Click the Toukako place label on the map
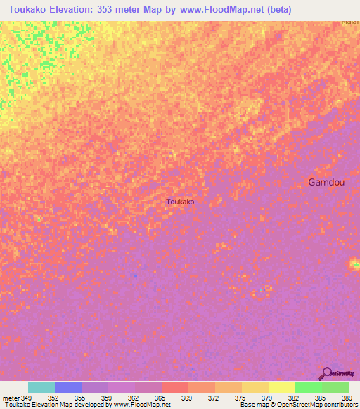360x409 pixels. click(180, 202)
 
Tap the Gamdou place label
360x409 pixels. click(326, 182)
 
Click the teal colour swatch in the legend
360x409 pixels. click(41, 387)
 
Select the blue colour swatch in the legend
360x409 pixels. click(68, 387)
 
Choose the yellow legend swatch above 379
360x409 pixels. click(255, 387)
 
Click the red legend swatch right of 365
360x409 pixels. click(174, 387)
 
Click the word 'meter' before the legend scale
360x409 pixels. click(11, 398)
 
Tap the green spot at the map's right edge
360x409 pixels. click(355, 264)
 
